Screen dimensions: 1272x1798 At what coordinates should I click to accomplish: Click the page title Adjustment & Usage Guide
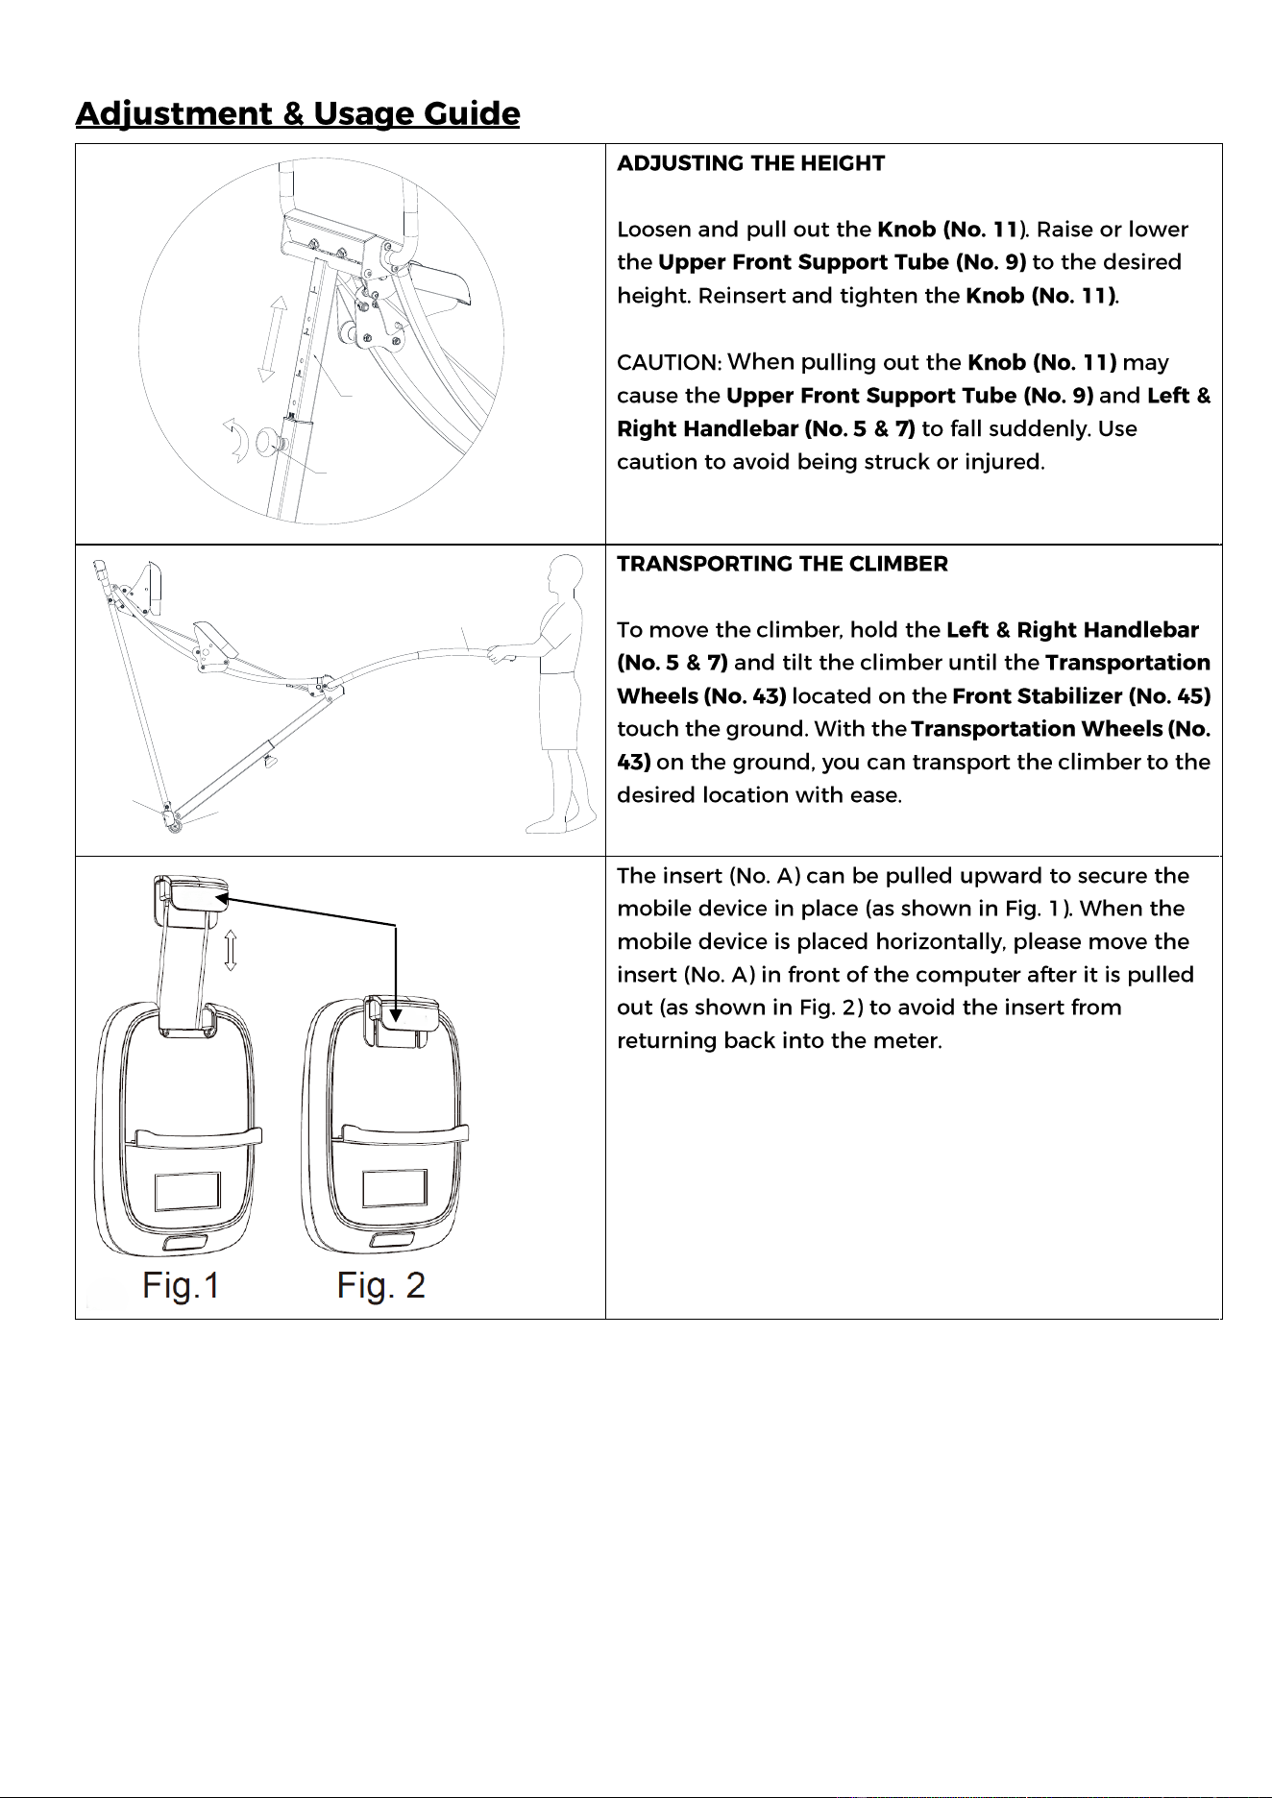point(298,113)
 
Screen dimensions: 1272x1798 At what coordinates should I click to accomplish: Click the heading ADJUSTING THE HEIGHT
point(750,163)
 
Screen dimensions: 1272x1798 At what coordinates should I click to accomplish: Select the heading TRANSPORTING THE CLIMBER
point(782,564)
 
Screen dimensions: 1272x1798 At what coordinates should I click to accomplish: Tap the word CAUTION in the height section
point(669,363)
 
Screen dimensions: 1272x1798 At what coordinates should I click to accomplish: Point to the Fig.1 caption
point(182,1285)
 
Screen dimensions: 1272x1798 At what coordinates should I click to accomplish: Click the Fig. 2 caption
point(380,1285)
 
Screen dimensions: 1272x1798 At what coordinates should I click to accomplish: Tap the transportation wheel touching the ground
point(174,822)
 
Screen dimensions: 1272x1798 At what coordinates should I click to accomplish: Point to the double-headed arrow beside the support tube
point(273,340)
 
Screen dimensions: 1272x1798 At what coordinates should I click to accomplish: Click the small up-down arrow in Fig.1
point(231,951)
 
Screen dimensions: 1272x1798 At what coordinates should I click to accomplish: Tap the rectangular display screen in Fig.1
point(187,1192)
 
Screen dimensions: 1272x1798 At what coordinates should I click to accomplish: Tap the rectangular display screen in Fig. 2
point(395,1190)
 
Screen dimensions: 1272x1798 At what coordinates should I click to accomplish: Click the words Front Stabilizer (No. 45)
point(1082,696)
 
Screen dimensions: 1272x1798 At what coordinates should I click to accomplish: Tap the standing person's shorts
point(558,711)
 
